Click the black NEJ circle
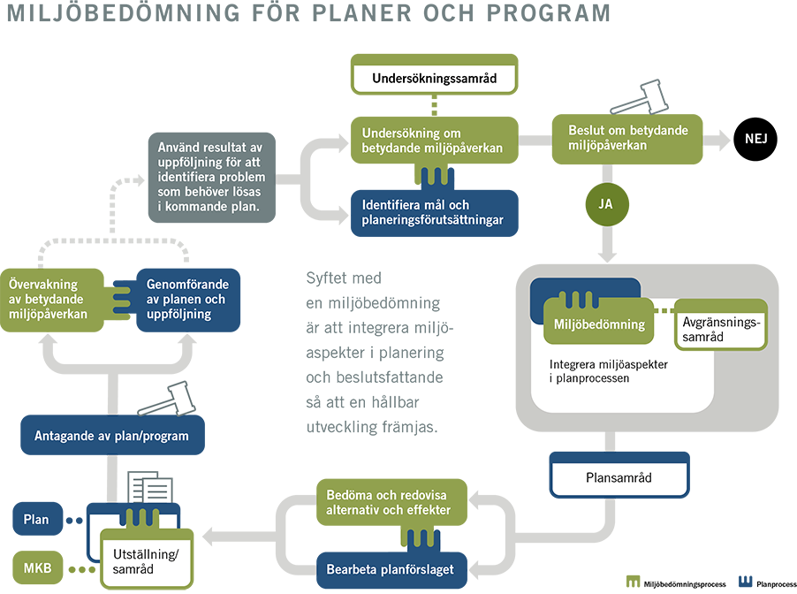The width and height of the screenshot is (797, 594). tap(755, 139)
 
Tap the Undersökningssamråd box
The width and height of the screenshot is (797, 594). tap(434, 78)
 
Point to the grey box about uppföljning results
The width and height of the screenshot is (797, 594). tap(212, 177)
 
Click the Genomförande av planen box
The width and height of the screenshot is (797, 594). tap(187, 300)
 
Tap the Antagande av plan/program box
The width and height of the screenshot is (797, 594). tap(111, 436)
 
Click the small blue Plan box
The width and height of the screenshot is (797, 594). tap(35, 520)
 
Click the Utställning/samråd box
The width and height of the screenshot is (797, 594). tap(145, 561)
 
